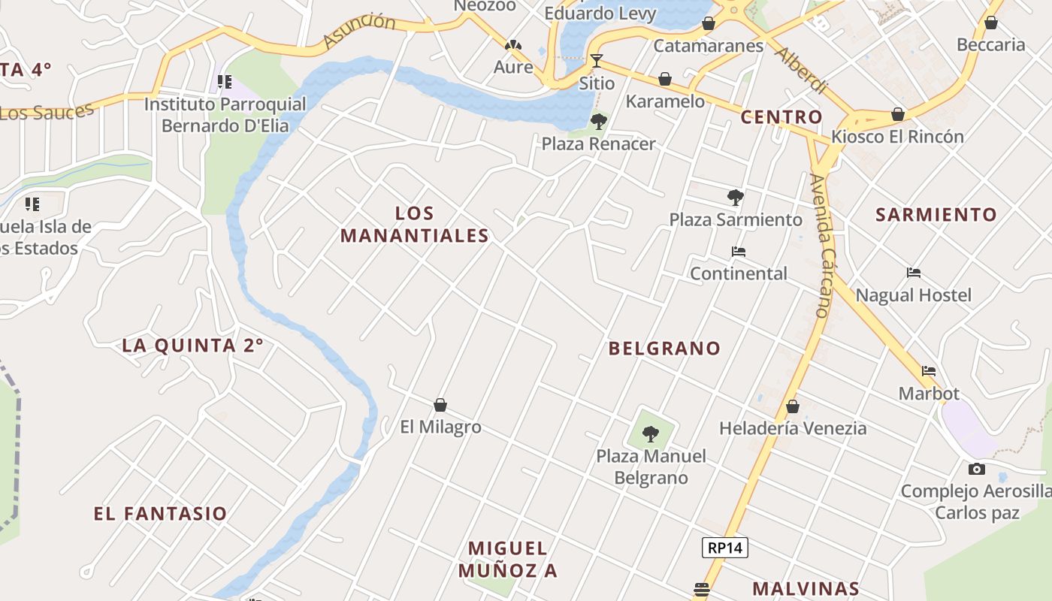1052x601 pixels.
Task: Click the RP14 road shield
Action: click(725, 548)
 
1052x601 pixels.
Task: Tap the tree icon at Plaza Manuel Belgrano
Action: click(651, 433)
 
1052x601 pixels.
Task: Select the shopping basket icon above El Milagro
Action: click(440, 406)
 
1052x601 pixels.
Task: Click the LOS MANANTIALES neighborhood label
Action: click(415, 225)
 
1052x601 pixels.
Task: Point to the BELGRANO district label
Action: click(664, 349)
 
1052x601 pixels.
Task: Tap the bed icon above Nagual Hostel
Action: click(914, 273)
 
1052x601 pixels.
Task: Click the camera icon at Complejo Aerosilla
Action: click(976, 470)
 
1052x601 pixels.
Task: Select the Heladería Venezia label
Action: click(793, 428)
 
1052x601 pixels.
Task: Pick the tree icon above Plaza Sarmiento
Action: click(736, 198)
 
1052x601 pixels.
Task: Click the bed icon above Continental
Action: click(739, 252)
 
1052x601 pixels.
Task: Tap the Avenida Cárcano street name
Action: click(820, 245)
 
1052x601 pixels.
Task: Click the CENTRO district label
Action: click(781, 117)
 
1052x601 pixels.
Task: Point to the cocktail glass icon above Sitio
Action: click(597, 60)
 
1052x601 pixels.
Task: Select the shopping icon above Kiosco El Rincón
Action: click(897, 115)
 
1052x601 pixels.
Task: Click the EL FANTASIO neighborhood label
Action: click(160, 514)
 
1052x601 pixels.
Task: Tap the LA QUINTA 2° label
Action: click(193, 346)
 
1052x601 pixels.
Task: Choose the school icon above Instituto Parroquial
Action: click(224, 82)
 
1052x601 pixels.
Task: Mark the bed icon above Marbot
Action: click(929, 371)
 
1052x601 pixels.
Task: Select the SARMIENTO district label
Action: click(936, 215)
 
